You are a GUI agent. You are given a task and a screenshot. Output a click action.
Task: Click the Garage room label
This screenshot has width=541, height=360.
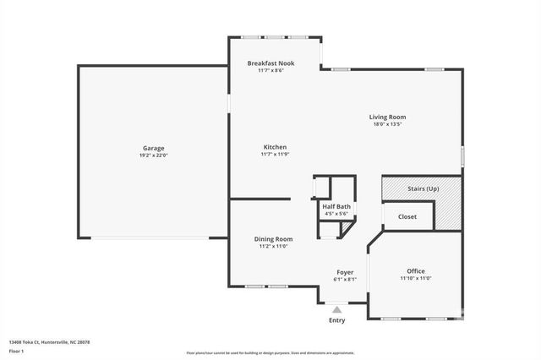153,148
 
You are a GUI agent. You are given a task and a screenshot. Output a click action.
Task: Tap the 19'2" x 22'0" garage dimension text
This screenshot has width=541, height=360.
153,155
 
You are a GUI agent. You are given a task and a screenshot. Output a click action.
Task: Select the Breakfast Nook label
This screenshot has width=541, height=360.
270,63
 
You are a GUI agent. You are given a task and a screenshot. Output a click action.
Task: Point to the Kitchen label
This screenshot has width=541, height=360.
275,147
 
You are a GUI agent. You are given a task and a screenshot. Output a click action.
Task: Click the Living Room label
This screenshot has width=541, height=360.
387,117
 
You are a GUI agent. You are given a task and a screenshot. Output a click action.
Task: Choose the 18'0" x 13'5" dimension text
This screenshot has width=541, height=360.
387,124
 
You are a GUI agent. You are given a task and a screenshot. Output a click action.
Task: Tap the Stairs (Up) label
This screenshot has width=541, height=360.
423,188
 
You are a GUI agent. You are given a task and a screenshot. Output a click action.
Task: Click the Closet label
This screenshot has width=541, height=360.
407,216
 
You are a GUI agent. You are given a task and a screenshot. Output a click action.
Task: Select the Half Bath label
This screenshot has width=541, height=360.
336,206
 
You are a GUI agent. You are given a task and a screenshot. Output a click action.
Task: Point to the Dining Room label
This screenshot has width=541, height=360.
273,239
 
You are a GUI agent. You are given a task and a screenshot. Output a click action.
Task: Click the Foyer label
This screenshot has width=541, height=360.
345,271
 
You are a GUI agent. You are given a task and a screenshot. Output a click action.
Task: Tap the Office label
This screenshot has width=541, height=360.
415,271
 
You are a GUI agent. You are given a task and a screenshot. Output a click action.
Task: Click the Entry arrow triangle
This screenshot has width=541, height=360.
336,310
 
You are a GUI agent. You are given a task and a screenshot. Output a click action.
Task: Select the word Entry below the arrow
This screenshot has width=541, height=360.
336,320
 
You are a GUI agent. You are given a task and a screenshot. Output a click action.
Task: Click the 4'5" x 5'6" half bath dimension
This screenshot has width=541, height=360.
336,214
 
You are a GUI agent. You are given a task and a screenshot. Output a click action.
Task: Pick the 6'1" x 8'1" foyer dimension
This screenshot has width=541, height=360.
345,279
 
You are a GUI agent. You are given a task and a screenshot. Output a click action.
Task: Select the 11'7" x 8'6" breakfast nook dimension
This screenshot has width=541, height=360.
270,71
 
